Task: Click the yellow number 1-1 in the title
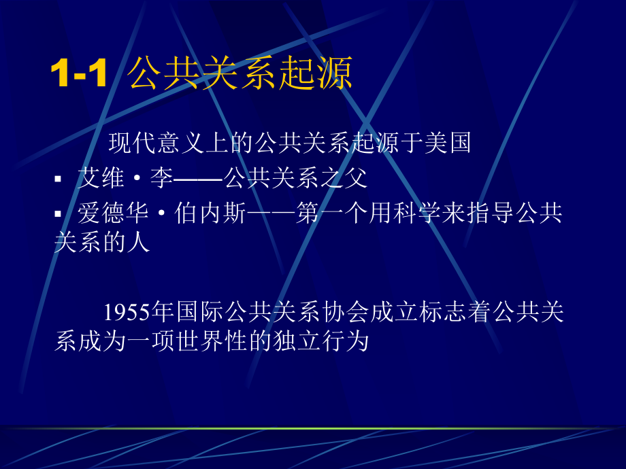coord(79,73)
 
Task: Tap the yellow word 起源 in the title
coord(315,73)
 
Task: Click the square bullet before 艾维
coord(58,179)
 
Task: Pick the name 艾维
coord(101,177)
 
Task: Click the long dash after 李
coord(198,179)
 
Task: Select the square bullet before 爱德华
coord(58,214)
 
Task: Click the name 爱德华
coord(113,213)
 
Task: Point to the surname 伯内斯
coord(210,213)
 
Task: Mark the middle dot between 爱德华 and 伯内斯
coord(162,213)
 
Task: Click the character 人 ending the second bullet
coord(139,242)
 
